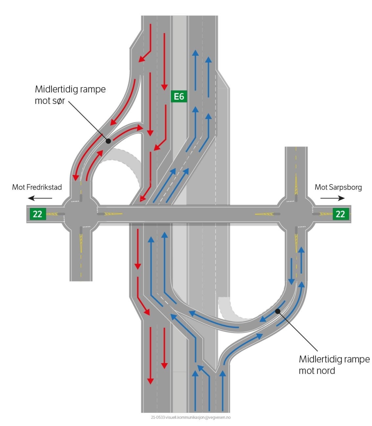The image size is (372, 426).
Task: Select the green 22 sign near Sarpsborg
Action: (x=340, y=214)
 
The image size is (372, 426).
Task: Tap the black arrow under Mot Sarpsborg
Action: (x=333, y=198)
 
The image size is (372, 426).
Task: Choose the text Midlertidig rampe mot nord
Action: (x=334, y=366)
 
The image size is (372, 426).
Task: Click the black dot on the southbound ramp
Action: (x=108, y=141)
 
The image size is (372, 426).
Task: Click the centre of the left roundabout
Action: (x=81, y=214)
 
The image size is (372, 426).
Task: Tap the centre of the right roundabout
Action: (x=296, y=214)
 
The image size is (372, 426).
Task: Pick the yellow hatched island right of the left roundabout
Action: (x=111, y=214)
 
